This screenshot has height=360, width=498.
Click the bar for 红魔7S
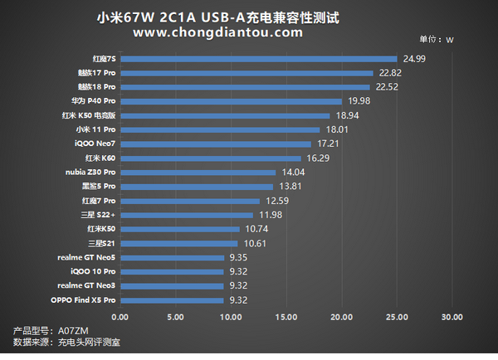[259, 59]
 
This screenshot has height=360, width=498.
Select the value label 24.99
[414, 59]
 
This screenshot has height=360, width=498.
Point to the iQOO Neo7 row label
[95, 144]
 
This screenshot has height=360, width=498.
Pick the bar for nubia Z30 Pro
[198, 172]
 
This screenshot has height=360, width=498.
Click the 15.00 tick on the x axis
[286, 317]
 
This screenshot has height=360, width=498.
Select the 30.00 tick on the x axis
[452, 317]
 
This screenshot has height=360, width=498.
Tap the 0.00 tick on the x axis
[120, 317]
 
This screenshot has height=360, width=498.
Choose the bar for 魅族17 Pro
[247, 73]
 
